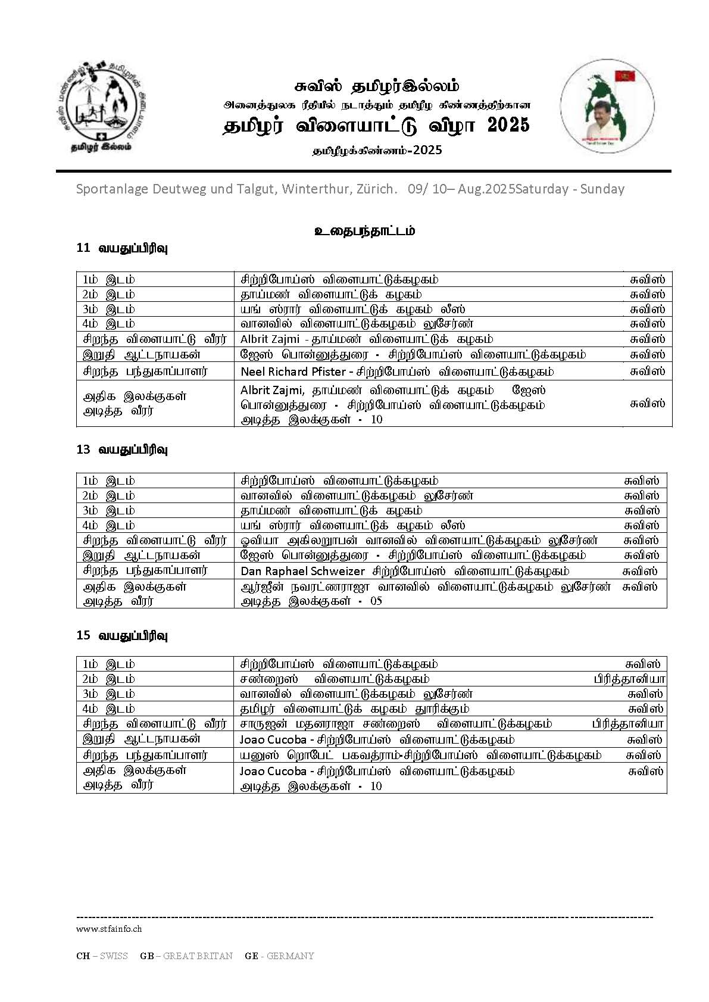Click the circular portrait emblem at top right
(x=607, y=107)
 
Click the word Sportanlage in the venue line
(x=112, y=189)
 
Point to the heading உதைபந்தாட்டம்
(x=364, y=231)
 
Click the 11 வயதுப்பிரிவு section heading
(x=122, y=248)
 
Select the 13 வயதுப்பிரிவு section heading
(x=122, y=450)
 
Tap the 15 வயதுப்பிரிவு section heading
(x=122, y=635)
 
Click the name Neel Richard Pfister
(x=293, y=372)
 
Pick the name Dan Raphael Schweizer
(x=302, y=571)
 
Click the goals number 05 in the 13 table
(x=376, y=601)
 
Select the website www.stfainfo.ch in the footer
(x=109, y=928)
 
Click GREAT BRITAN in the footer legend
(x=198, y=956)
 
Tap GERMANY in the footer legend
(x=290, y=956)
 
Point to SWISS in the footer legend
(x=114, y=956)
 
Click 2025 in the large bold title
(x=508, y=126)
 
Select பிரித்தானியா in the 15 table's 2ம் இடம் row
(x=629, y=679)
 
